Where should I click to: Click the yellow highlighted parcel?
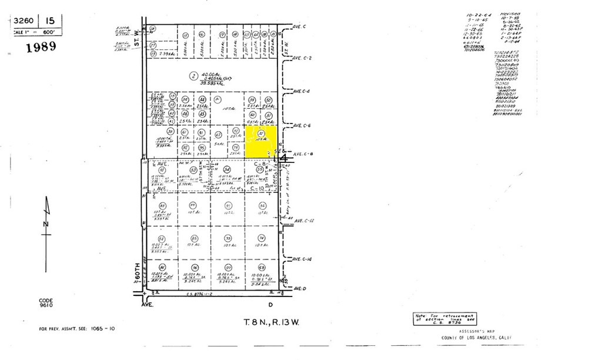click(x=260, y=142)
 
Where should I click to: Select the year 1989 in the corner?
click(x=41, y=47)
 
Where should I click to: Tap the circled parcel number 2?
click(x=193, y=75)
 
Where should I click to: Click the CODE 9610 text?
click(x=46, y=303)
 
